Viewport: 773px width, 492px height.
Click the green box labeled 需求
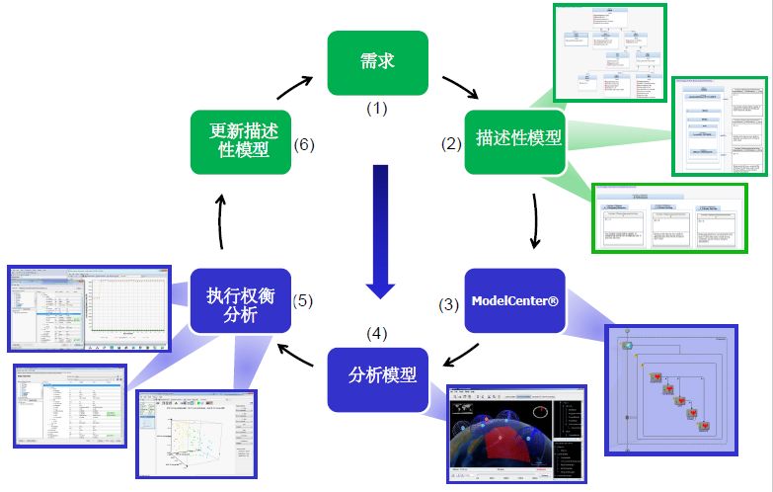(x=377, y=62)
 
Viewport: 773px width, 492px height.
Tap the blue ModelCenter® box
(x=514, y=299)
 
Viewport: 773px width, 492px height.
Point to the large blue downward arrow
(x=379, y=231)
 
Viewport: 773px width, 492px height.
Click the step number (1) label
(x=378, y=108)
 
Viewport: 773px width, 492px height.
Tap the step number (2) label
(x=451, y=144)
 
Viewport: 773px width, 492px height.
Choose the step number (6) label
(x=304, y=144)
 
